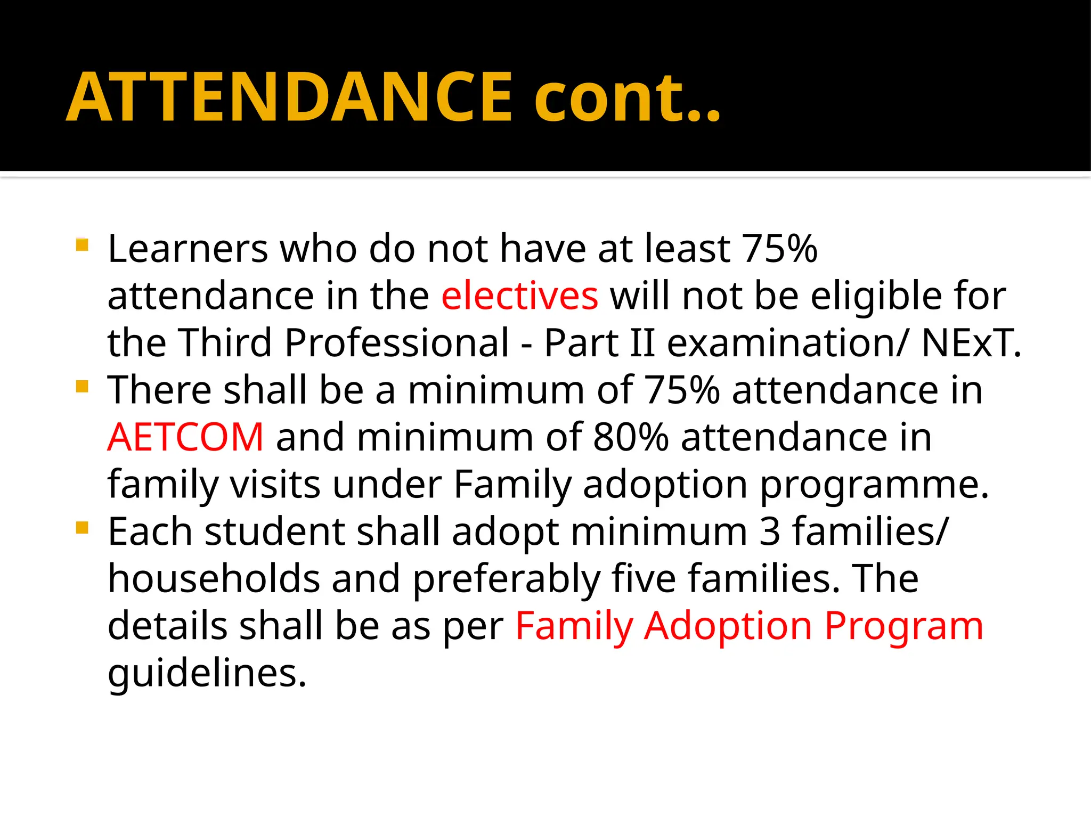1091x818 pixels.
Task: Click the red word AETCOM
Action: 185,437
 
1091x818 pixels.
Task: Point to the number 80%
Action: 630,437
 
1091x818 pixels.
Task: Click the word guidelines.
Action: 207,673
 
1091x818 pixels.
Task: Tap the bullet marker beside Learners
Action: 82,244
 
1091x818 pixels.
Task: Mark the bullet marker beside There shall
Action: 82,386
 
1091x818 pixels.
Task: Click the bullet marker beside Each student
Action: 82,528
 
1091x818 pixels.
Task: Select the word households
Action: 214,579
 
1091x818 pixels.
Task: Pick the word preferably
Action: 506,579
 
